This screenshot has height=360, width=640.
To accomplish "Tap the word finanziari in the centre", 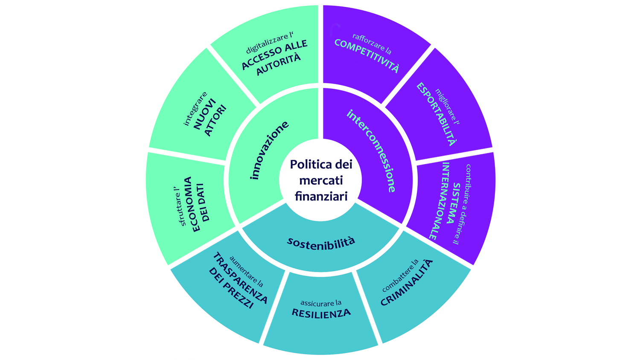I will pyautogui.click(x=321, y=196).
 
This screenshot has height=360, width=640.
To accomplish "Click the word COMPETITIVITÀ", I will pyautogui.click(x=367, y=55).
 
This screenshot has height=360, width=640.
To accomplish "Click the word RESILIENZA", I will pyautogui.click(x=321, y=313).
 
